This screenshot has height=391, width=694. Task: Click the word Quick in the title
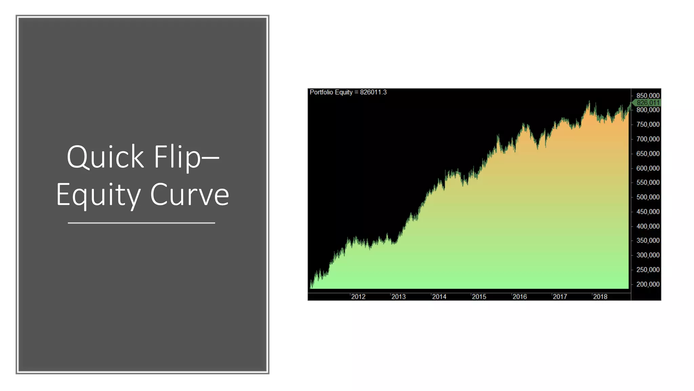tap(105, 157)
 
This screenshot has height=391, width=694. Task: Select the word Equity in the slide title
tap(98, 195)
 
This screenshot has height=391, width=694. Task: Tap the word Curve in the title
tap(189, 194)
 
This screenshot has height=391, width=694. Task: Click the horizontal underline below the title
tap(141, 223)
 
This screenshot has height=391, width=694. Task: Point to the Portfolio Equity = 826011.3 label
tap(348, 92)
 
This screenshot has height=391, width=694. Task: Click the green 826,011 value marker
tap(648, 103)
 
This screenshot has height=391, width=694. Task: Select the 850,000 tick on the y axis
tap(648, 96)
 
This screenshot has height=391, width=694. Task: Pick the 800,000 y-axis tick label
tap(648, 110)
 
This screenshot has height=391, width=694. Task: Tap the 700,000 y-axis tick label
tap(648, 139)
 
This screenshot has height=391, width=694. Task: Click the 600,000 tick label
tap(648, 168)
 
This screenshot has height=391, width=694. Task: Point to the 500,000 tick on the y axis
tap(648, 197)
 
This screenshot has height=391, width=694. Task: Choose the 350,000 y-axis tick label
tap(648, 241)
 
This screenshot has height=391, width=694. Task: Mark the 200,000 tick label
tap(648, 284)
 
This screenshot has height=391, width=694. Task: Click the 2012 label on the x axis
tap(358, 297)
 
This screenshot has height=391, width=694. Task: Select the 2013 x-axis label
tap(399, 297)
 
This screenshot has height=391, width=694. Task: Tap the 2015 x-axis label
tap(479, 297)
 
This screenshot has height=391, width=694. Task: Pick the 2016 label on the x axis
tap(519, 297)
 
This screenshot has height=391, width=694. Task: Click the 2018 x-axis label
tap(600, 297)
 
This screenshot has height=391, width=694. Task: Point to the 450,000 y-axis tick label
tap(648, 212)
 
